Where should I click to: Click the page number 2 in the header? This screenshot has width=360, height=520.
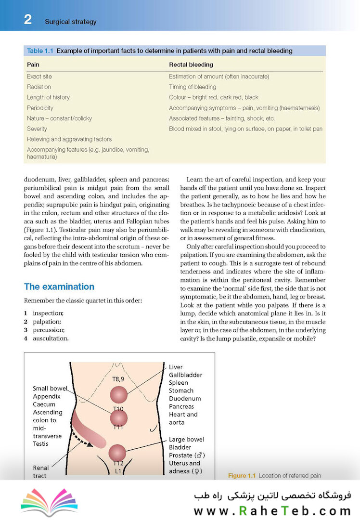(28, 20)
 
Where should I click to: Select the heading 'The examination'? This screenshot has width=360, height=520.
(59, 286)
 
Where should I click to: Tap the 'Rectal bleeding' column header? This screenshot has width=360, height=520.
(191, 65)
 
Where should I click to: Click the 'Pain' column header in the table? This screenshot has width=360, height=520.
(33, 65)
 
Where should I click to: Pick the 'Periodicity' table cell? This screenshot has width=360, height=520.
(40, 108)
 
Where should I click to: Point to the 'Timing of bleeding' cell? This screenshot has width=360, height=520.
(193, 87)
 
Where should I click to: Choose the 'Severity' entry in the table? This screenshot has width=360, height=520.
(37, 129)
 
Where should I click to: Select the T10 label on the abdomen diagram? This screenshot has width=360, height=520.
(118, 409)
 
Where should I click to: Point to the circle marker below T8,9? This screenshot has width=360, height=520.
(119, 395)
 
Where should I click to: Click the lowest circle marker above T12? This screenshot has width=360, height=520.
(117, 453)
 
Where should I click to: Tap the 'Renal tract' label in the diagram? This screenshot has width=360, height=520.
(41, 471)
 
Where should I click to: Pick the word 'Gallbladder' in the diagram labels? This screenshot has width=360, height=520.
(185, 375)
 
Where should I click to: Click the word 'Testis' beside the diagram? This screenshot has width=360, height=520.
(41, 443)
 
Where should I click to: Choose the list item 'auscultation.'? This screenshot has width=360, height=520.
(50, 338)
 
